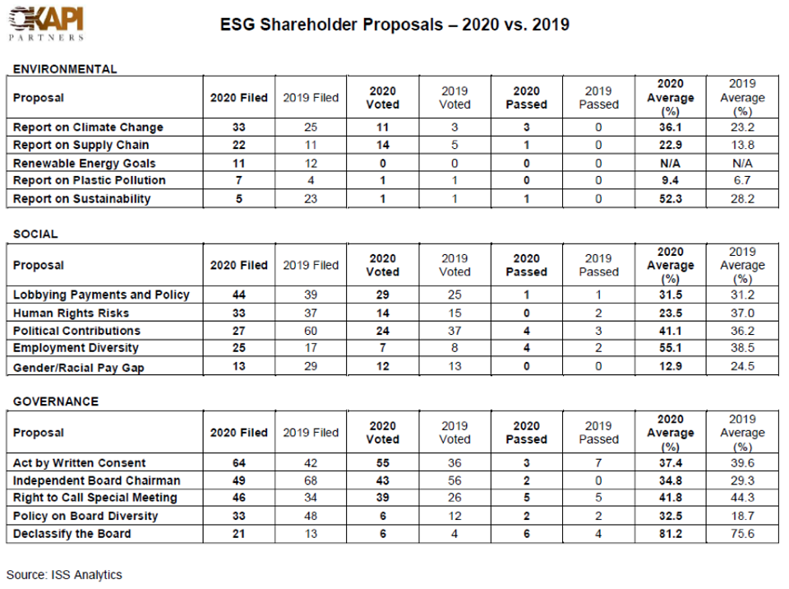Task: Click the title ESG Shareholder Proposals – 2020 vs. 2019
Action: [x=394, y=25]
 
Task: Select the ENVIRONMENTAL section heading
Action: [x=65, y=69]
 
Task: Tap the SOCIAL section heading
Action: [x=35, y=234]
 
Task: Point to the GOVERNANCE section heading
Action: [x=56, y=401]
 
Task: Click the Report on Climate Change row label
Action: [x=88, y=128]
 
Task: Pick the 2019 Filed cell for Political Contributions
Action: [x=311, y=331]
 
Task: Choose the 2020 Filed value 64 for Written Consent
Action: [x=238, y=463]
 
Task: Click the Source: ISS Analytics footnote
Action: [x=64, y=574]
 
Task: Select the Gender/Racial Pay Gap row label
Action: [x=79, y=368]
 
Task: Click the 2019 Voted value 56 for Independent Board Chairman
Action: [x=454, y=480]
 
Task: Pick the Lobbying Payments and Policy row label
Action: [x=101, y=294]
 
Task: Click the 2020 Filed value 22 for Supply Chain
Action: [x=238, y=145]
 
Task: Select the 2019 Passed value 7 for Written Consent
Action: [x=598, y=463]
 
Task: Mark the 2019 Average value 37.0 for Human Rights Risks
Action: [x=742, y=313]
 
